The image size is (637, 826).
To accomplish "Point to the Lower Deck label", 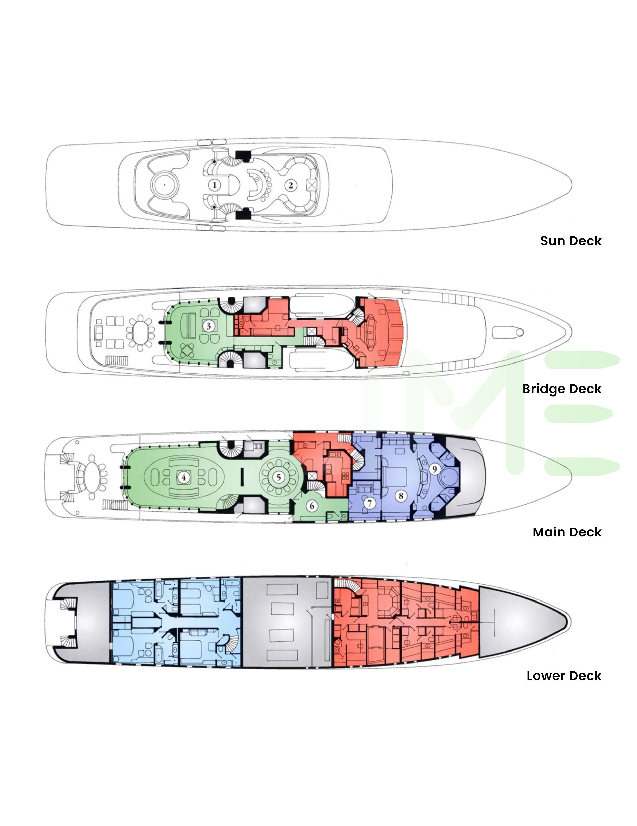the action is coord(564,675).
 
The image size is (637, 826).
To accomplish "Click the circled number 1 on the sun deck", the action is coord(215,185).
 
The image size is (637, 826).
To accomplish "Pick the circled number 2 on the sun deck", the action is coord(290,185).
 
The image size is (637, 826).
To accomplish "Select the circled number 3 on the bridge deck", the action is coord(209,326).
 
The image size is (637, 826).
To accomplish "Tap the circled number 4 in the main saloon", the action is coord(184,477).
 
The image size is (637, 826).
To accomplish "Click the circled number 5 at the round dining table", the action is coord(279,477).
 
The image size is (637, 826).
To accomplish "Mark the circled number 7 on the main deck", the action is coord(370,503).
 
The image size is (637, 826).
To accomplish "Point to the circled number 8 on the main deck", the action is coord(401,495).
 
